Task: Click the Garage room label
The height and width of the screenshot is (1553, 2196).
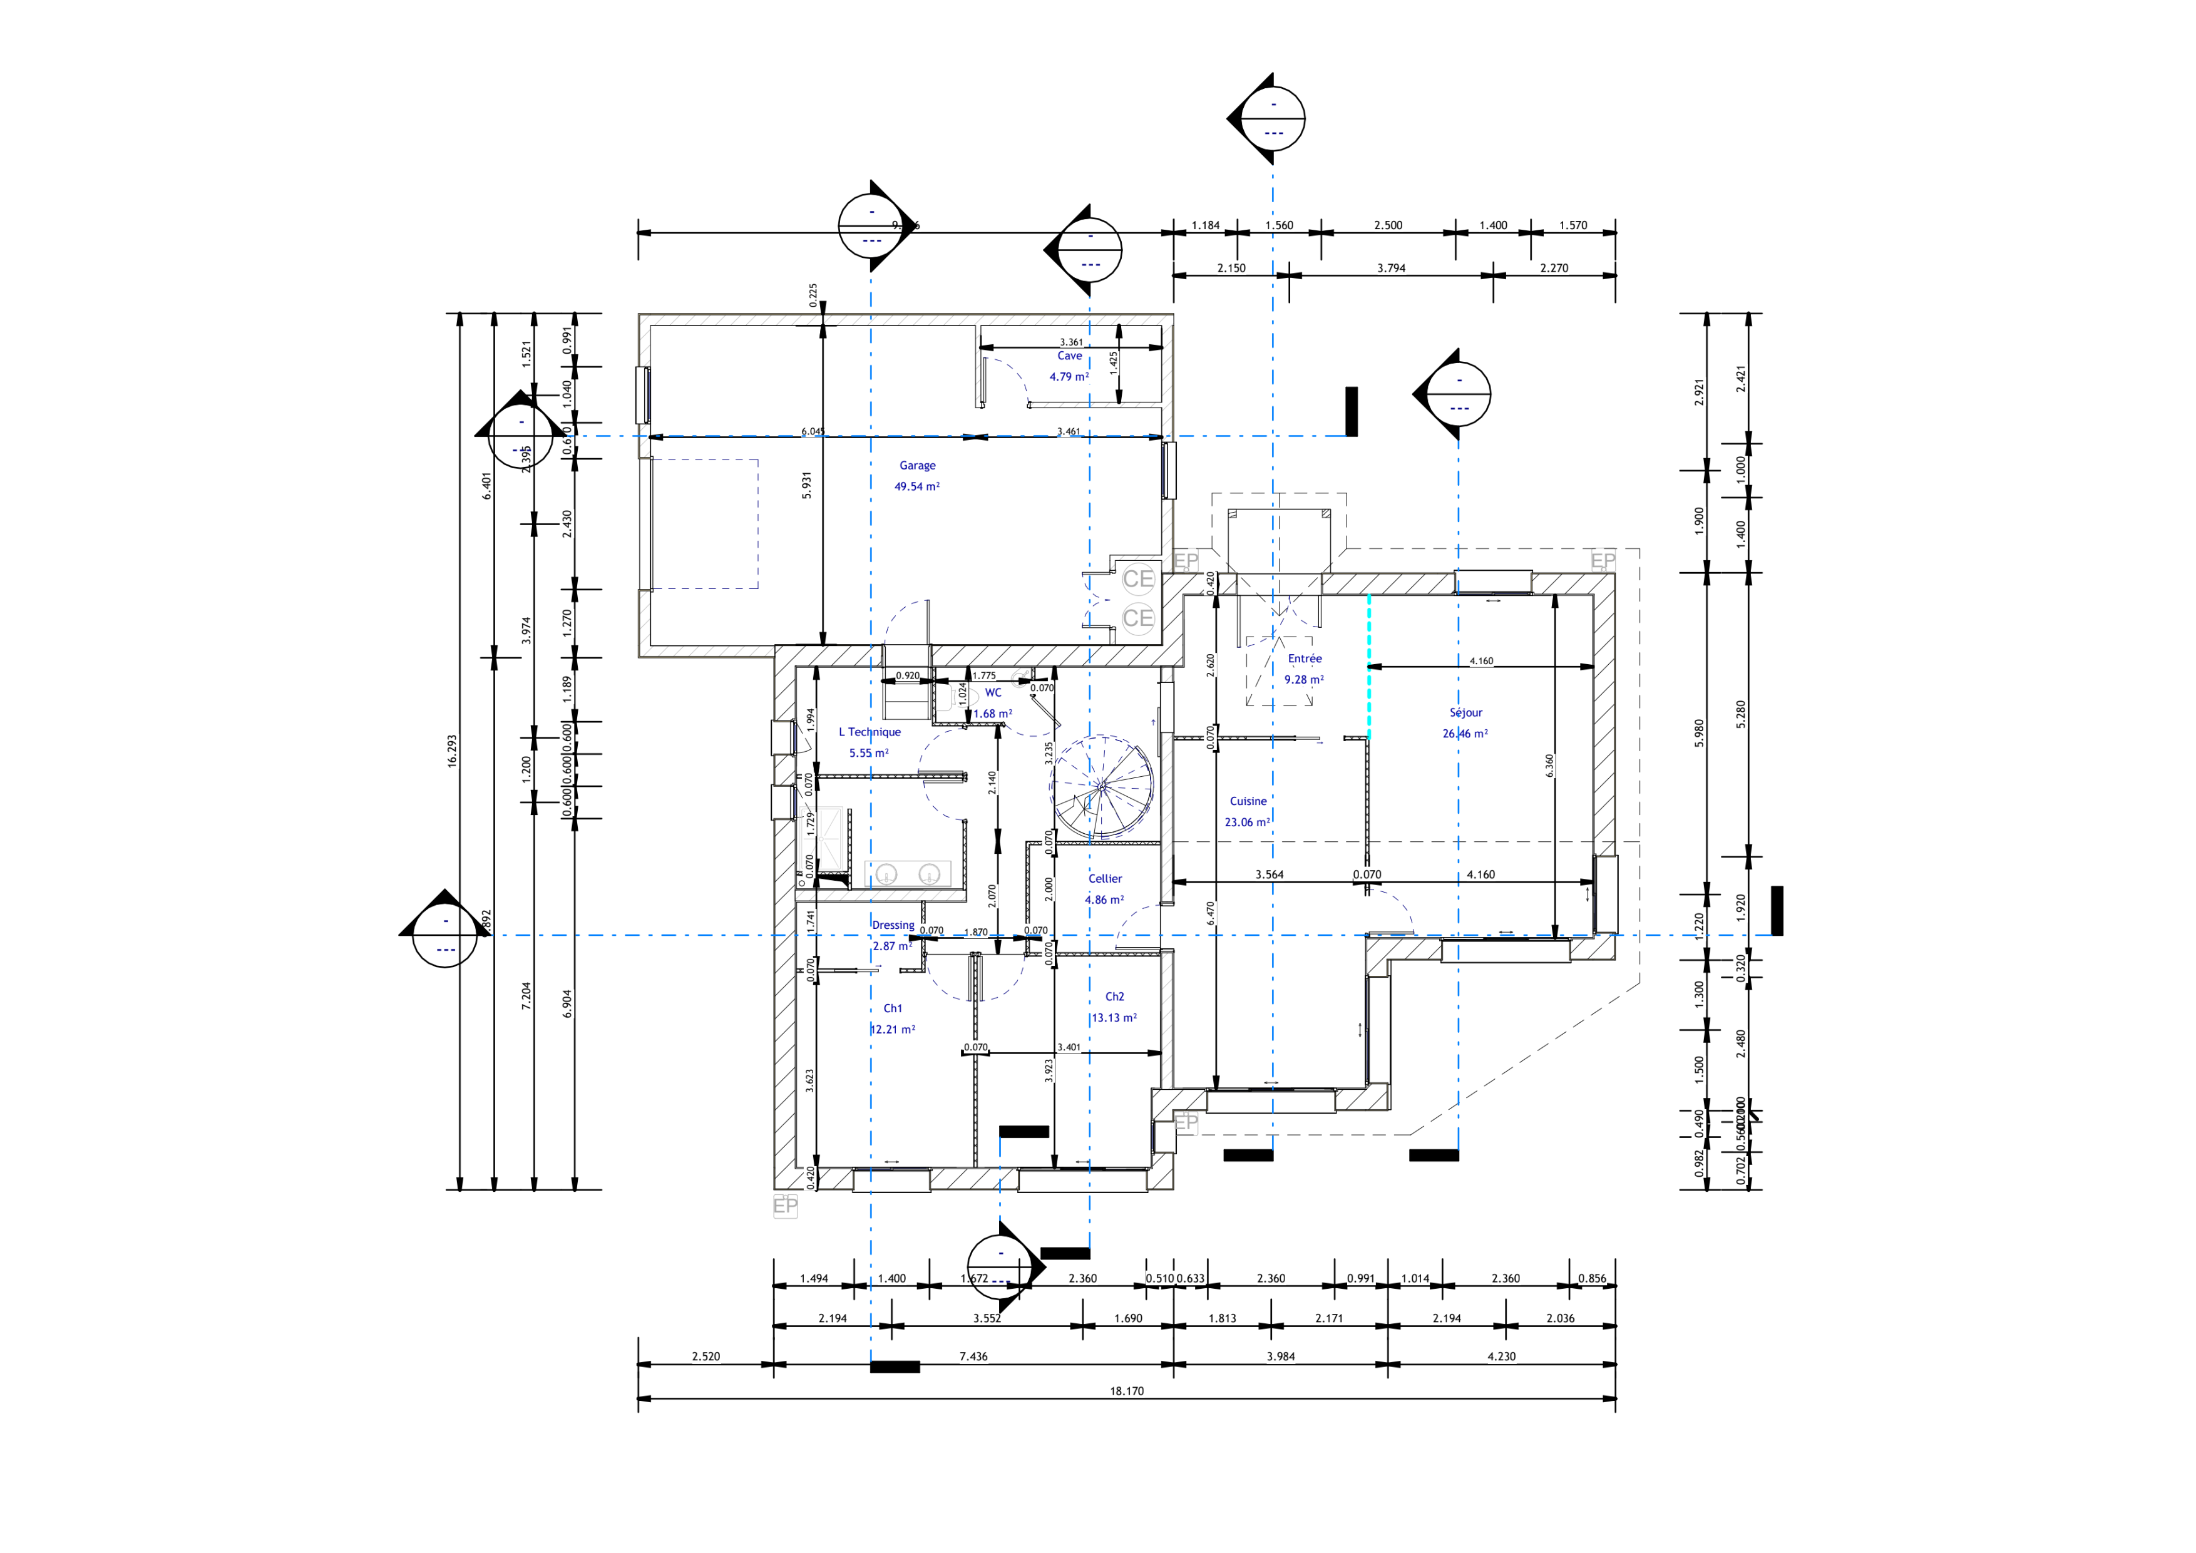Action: point(917,466)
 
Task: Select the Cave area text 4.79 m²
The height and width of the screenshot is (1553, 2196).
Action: point(1069,377)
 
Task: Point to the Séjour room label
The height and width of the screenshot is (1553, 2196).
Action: point(1465,712)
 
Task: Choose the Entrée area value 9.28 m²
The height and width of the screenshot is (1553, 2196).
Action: point(1303,680)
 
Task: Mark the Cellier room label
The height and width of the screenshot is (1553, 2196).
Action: point(1105,879)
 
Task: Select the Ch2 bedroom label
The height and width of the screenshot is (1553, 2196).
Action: point(1114,997)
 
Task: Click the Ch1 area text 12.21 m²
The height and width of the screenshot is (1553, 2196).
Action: point(893,1030)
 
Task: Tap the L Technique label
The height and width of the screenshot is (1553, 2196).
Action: point(870,732)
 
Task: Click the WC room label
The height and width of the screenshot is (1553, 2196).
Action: point(993,692)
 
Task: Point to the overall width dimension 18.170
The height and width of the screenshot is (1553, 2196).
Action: point(1127,1392)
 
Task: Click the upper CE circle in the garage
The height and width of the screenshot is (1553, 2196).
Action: point(1138,578)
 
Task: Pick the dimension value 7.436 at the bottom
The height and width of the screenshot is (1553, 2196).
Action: point(973,1356)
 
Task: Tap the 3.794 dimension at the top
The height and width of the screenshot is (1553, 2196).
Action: point(1391,269)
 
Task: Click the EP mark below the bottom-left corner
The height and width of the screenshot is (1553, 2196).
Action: point(785,1206)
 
